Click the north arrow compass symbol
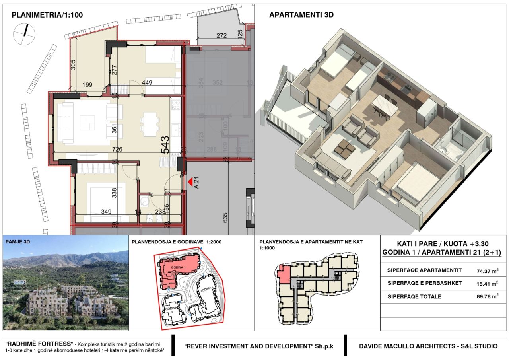tap(25, 34)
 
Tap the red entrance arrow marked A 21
tap(190, 182)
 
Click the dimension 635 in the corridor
tap(225, 218)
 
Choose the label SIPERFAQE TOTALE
tap(414, 297)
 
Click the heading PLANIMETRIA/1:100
tap(47, 15)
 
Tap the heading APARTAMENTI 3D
tap(301, 15)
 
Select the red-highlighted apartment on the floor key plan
tap(284, 275)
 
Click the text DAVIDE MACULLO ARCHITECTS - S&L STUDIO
tap(428, 346)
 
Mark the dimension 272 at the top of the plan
tap(221, 35)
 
